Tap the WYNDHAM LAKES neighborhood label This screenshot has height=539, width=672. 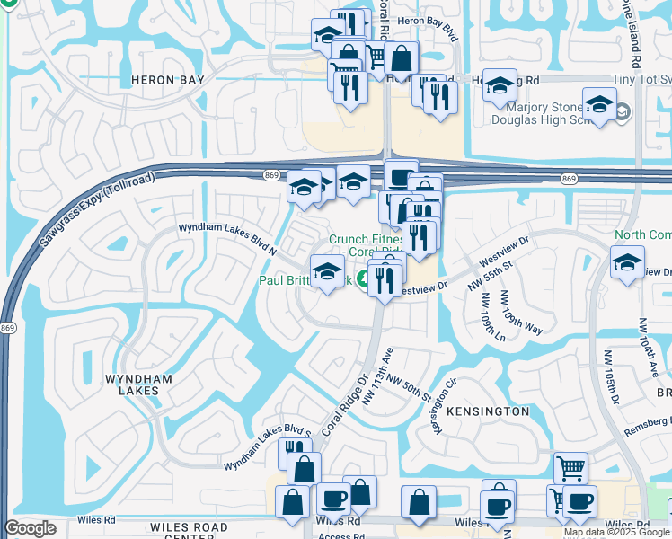(x=138, y=385)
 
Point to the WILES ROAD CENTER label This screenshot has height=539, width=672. (x=189, y=532)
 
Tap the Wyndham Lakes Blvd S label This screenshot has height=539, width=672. (x=267, y=449)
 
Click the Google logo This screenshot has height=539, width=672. (x=30, y=528)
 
